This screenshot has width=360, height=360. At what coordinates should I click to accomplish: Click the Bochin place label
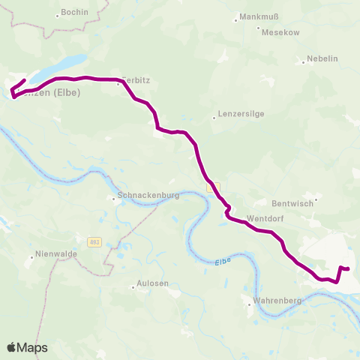[75, 13]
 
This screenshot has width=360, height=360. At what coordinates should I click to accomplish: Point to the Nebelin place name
[323, 59]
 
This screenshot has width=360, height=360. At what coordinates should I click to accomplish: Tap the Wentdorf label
[263, 218]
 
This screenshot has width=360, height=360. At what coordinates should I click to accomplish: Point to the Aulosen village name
[153, 283]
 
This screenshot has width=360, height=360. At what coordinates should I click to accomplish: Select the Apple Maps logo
[27, 347]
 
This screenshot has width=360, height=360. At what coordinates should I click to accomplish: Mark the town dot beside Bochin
[58, 14]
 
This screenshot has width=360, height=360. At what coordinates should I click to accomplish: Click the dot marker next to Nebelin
[303, 62]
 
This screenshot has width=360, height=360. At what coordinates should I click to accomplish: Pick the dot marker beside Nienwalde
[31, 256]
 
